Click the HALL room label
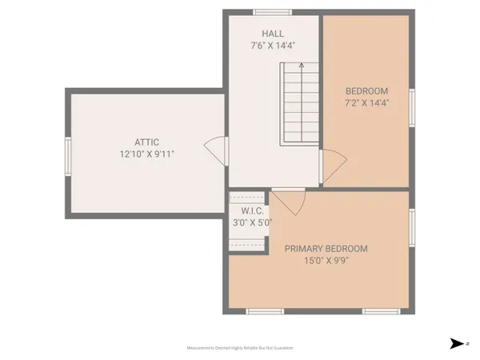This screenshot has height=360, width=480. [273, 34]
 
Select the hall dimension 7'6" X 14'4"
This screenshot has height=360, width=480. [273, 46]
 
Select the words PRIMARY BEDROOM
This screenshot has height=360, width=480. [326, 248]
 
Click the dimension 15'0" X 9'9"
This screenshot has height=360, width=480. [326, 261]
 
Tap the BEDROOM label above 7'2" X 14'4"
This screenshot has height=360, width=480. [367, 90]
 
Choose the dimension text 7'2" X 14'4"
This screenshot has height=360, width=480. [367, 102]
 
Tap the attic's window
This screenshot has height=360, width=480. [67, 154]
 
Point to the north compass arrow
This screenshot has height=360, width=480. [457, 344]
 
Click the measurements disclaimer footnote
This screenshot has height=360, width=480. [240, 348]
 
